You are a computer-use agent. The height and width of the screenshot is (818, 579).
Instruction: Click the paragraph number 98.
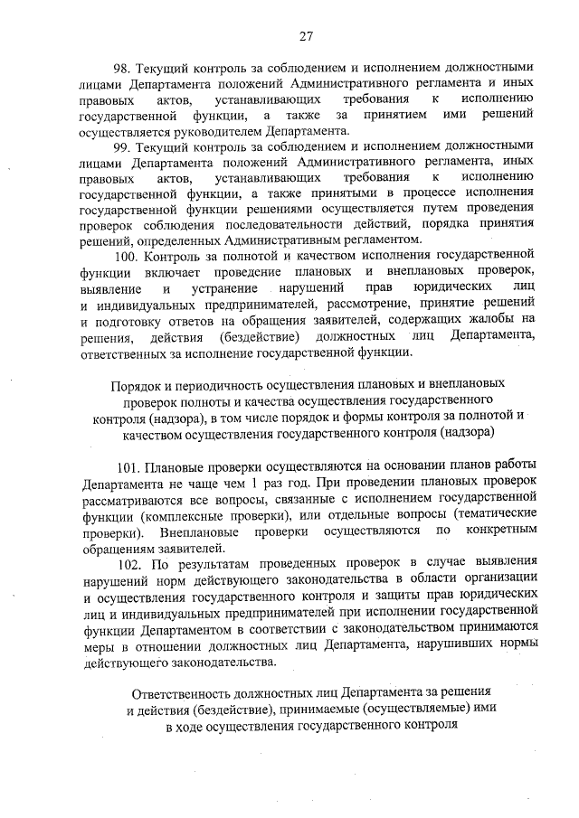(x=122, y=68)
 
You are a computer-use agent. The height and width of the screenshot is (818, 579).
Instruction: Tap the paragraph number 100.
(x=128, y=258)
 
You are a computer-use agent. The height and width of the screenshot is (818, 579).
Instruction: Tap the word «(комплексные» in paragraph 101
(x=171, y=515)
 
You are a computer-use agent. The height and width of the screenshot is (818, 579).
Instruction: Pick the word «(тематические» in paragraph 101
(x=492, y=515)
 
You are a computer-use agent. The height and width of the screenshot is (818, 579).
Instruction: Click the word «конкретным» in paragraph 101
(x=498, y=531)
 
